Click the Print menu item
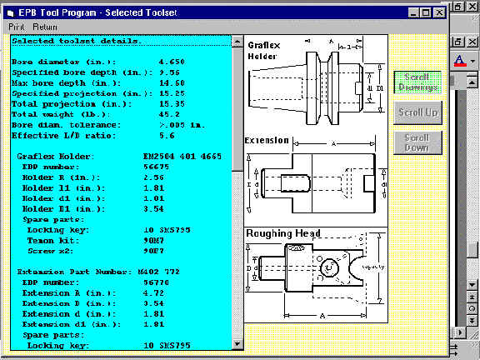click(17, 27)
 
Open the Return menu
click(45, 27)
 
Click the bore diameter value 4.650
click(172, 62)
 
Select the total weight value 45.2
click(168, 112)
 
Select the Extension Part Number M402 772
click(181, 272)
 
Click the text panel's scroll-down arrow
click(237, 342)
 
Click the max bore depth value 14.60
click(172, 82)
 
